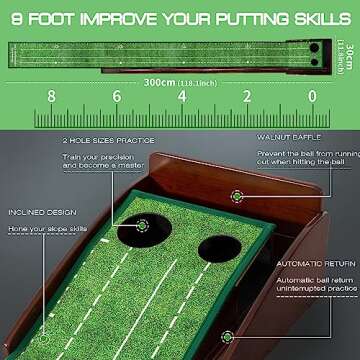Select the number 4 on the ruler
[181, 96]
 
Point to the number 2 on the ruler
[246, 96]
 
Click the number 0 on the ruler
[311, 96]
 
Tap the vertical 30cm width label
[341, 45]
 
